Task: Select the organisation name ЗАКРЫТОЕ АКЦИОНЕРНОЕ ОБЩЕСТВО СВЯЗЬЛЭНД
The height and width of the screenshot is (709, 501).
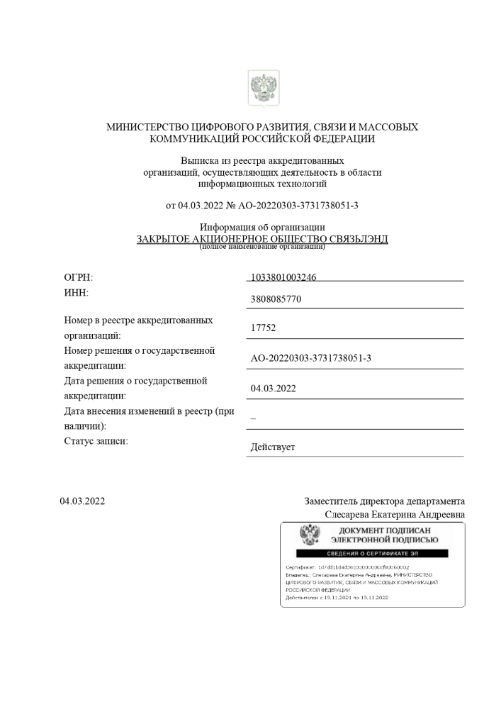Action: [x=262, y=239]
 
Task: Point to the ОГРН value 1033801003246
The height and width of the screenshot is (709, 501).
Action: [x=283, y=277]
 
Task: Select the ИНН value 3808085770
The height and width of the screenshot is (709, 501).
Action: [x=276, y=299]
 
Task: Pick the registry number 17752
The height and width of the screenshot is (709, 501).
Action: [x=263, y=328]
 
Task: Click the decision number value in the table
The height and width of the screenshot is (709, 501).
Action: [x=311, y=358]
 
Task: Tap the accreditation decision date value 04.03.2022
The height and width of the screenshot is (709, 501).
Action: [x=274, y=389]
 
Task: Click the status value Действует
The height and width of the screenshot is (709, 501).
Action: [x=273, y=448]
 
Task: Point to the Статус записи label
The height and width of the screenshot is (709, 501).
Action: [x=96, y=442]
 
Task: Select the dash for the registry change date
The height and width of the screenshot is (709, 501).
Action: [x=253, y=418]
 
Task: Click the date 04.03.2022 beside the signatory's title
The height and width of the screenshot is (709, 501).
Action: [x=82, y=501]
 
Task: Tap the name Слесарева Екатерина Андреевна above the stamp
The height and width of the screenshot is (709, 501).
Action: [x=395, y=514]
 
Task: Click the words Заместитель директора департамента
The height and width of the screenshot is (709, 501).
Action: [x=384, y=501]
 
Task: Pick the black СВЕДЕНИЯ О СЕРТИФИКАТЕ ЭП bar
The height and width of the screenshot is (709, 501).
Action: [x=372, y=552]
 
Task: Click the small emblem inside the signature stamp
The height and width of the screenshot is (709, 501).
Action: [x=310, y=535]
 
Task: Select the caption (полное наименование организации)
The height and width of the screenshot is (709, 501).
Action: [x=262, y=247]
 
